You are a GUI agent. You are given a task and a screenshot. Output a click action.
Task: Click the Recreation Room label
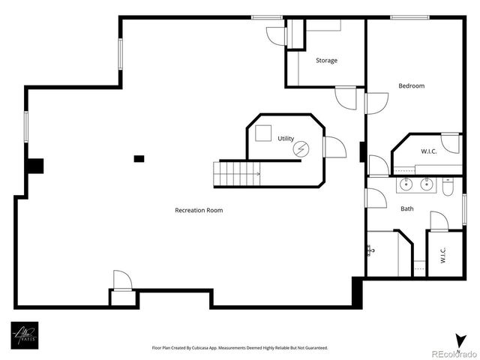tap(199, 210)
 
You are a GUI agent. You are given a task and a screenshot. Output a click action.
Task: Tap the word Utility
tap(286, 139)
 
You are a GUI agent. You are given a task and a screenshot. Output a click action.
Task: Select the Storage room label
tap(326, 61)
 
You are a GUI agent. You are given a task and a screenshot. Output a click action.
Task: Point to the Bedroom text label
tap(411, 86)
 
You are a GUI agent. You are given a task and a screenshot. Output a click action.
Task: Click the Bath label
tap(406, 209)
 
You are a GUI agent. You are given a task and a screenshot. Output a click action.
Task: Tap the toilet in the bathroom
tap(448, 186)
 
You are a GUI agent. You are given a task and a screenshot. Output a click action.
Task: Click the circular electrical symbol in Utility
tap(301, 148)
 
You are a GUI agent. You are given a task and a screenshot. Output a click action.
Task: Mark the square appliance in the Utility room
tap(262, 133)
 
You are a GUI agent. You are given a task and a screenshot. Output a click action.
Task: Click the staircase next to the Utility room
tap(237, 174)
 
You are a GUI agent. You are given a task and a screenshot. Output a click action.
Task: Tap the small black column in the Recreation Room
tap(139, 158)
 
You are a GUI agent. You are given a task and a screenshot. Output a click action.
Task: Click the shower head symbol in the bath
tap(370, 250)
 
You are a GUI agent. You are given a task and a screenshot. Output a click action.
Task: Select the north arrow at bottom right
tap(458, 339)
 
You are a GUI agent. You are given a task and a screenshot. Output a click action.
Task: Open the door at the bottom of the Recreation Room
tap(122, 280)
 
